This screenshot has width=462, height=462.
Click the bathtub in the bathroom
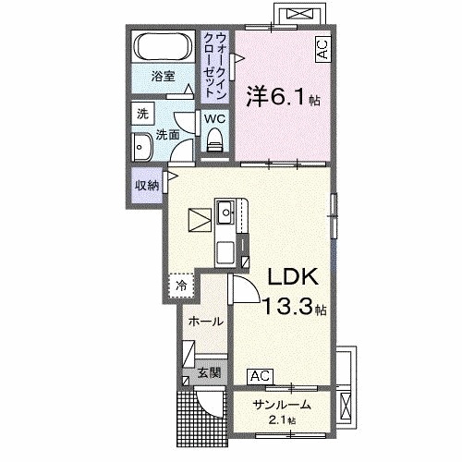pos(164,47)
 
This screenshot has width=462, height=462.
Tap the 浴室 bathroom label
pos(163,76)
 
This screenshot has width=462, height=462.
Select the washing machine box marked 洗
pos(142,114)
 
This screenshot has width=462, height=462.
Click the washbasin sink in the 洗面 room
pos(142,147)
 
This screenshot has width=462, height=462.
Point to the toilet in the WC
pos(214,140)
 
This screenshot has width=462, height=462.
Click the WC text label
pos(214,119)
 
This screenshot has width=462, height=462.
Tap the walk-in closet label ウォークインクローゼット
pos(215,66)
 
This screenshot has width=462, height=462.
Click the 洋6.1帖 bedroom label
pos(283,96)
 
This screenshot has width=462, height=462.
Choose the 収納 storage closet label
pos(147,186)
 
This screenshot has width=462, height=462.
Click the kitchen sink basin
pos(226,213)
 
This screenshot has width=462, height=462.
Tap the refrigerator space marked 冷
pos(182,286)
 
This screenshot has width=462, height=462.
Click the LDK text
pos(293,276)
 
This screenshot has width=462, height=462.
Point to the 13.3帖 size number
pos(294,307)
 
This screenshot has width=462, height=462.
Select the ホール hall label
pos(205,322)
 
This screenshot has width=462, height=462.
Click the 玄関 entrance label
pos(209,373)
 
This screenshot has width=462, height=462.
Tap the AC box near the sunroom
pos(261,376)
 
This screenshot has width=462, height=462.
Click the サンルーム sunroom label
pos(282,405)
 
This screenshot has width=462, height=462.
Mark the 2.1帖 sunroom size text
pos(282,419)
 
